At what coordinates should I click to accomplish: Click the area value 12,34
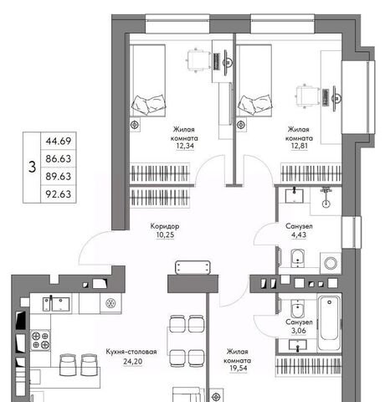coord(185,146)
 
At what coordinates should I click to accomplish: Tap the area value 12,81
coord(300,146)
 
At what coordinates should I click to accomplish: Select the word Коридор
coord(165,226)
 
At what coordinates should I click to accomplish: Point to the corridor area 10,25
coord(165,235)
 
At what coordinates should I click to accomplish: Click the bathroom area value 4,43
coord(299,235)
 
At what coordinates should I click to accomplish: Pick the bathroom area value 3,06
coord(299,331)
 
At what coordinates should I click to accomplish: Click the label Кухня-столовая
coord(131,352)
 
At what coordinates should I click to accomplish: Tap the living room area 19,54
coord(239,368)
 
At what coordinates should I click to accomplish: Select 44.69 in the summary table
coord(59,141)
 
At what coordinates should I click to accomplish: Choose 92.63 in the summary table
coord(59,194)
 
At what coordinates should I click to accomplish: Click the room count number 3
coord(33,167)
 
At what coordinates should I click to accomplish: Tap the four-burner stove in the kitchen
coord(40,341)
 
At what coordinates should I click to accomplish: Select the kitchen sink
coord(56,304)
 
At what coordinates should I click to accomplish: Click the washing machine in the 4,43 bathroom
coord(331,263)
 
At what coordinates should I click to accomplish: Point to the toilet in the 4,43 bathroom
coord(298,259)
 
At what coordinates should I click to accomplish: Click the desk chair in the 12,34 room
coord(198,60)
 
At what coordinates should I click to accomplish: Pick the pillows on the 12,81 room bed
coord(254,104)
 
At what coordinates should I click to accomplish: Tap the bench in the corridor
coord(192,267)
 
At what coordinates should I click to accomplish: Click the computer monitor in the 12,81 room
coord(336,98)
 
